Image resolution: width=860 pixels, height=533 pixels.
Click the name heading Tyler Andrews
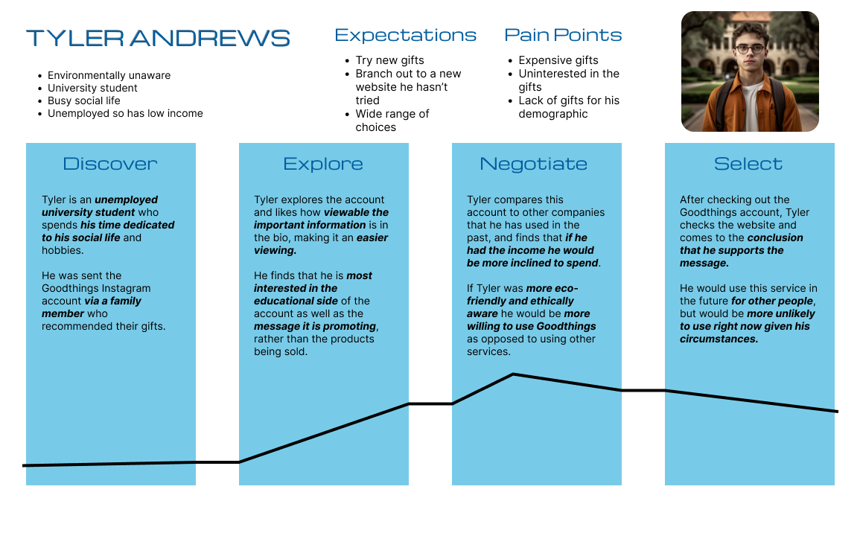[x=158, y=38]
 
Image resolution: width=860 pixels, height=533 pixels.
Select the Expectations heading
[x=405, y=35]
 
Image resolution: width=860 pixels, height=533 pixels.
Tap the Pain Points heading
[x=563, y=34]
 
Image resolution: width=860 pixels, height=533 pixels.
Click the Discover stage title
[x=110, y=164]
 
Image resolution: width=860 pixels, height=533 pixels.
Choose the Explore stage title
[x=323, y=164]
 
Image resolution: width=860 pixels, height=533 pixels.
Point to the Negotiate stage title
[x=534, y=164]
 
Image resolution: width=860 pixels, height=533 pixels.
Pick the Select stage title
[x=748, y=164]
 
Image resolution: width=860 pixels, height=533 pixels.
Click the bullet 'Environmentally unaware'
[x=109, y=76]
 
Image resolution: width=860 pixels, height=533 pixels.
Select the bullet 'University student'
[x=92, y=89]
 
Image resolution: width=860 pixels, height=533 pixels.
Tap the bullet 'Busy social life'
[x=84, y=101]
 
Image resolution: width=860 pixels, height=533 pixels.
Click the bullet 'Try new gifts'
[x=389, y=60]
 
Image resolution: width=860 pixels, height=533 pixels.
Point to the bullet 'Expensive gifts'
[x=558, y=60]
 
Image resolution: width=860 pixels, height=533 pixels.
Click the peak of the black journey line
[x=513, y=374]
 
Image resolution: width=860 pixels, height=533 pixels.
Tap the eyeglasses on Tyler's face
[x=751, y=49]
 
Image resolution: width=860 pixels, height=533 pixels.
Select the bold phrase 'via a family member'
[x=92, y=307]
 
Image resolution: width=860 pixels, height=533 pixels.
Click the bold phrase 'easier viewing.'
[x=321, y=244]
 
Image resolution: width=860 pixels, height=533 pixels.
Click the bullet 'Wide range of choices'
[x=392, y=121]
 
